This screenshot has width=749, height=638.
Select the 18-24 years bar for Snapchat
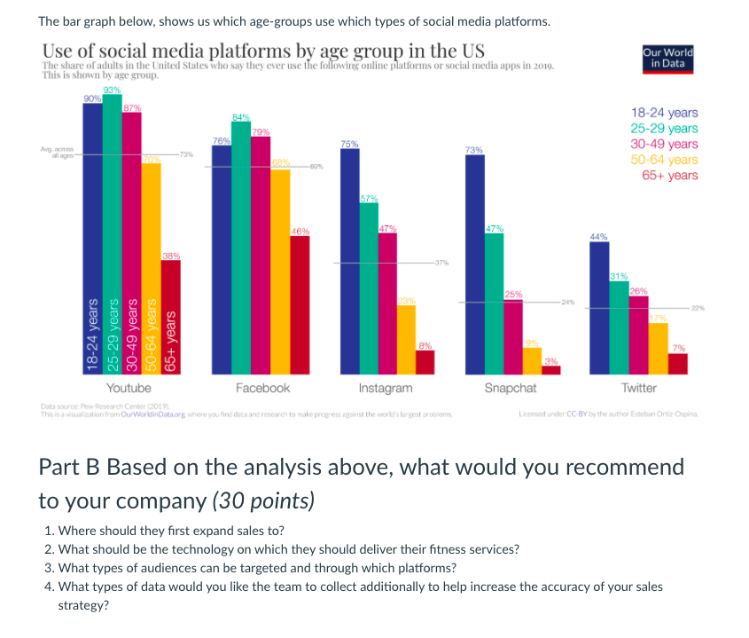coord(474,266)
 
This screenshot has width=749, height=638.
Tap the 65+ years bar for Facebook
coord(300,305)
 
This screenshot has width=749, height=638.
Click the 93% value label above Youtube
coord(113,91)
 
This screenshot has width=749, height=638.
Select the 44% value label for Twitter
coord(599,237)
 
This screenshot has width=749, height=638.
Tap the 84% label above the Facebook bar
coord(241,116)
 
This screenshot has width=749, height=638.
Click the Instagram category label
coord(385,388)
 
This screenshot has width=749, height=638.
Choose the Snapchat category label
coord(510,388)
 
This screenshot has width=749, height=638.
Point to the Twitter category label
coord(638,388)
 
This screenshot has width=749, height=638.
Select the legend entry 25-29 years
coord(664,129)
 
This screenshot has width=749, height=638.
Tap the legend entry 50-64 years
coord(664,160)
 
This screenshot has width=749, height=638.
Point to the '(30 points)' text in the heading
coord(263,500)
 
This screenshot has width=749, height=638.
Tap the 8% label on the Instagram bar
coord(425,345)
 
